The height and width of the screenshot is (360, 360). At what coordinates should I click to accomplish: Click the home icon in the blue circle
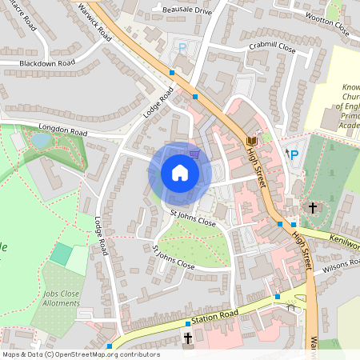(180, 172)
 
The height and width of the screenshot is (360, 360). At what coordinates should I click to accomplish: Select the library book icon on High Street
(252, 142)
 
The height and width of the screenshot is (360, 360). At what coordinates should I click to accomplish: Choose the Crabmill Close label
(271, 49)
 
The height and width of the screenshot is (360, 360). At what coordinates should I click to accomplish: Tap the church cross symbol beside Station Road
(188, 339)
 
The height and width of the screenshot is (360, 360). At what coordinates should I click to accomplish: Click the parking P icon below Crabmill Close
(182, 49)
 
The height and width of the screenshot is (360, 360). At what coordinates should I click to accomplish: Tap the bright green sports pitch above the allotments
(61, 254)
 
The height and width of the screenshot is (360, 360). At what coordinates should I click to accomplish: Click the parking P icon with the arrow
(293, 154)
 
